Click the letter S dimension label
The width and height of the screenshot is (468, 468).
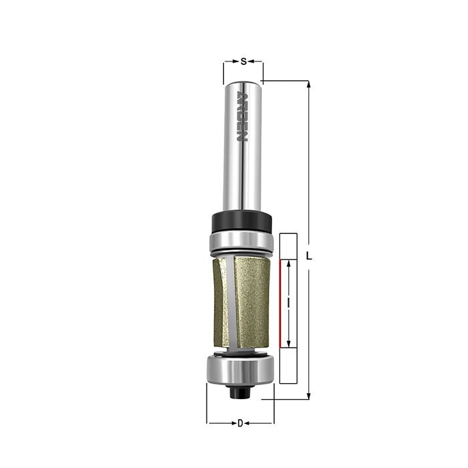pyautogui.click(x=243, y=62)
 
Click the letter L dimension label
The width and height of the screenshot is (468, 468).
pyautogui.click(x=309, y=256)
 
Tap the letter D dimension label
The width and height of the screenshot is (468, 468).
pyautogui.click(x=240, y=423)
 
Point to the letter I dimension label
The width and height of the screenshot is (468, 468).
pyautogui.click(x=288, y=304)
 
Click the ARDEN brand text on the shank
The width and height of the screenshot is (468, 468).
pyautogui.click(x=242, y=117)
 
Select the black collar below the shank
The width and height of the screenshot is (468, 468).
pyautogui.click(x=241, y=221)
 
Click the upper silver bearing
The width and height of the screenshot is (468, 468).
pyautogui.click(x=241, y=241)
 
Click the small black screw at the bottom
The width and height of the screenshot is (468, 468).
pyautogui.click(x=241, y=392)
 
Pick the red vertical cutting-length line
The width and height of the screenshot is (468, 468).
pyautogui.click(x=280, y=304)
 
